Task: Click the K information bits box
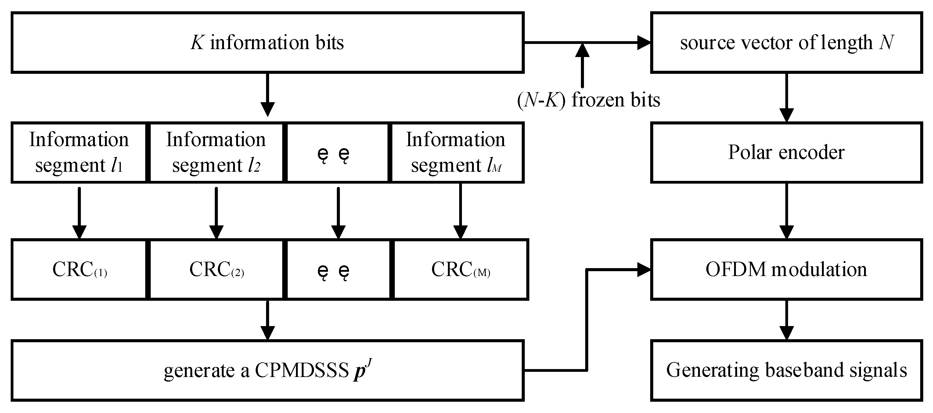click(x=267, y=43)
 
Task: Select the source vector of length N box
click(x=786, y=43)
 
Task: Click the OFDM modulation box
click(x=786, y=269)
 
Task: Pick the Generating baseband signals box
click(x=786, y=370)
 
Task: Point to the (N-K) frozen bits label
click(x=588, y=100)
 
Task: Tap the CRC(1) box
click(x=79, y=269)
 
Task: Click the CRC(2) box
click(x=216, y=269)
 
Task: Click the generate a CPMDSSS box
click(x=267, y=370)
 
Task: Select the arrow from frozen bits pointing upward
click(x=582, y=67)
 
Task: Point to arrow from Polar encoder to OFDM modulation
click(x=786, y=210)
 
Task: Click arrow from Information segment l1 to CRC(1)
click(x=79, y=212)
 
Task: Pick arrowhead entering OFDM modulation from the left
click(x=644, y=269)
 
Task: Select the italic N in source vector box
click(x=886, y=43)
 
